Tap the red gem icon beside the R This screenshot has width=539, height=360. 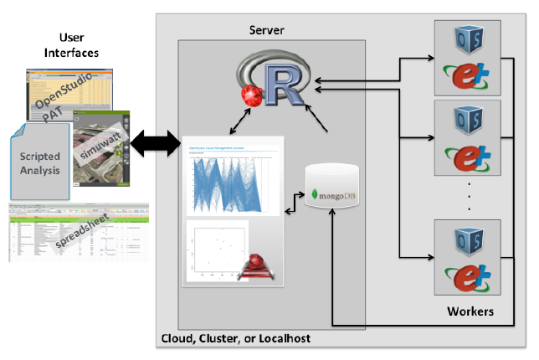click(x=249, y=98)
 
